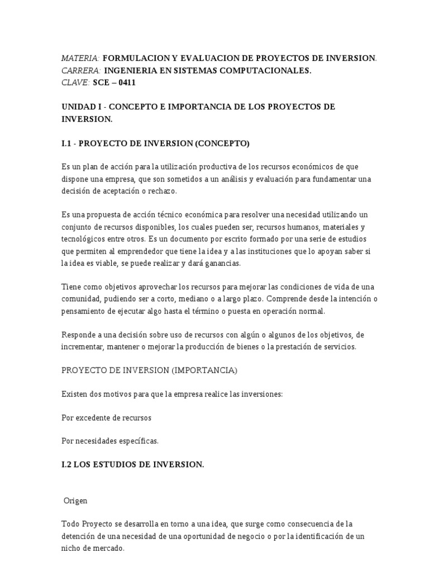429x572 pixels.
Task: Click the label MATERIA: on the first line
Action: click(x=80, y=59)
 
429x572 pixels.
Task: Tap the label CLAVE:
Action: click(x=75, y=83)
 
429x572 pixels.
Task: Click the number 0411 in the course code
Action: click(x=126, y=83)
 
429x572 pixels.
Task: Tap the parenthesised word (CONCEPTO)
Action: click(x=222, y=144)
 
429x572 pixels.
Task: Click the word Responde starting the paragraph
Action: click(x=79, y=335)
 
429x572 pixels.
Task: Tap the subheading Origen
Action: click(x=76, y=500)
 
